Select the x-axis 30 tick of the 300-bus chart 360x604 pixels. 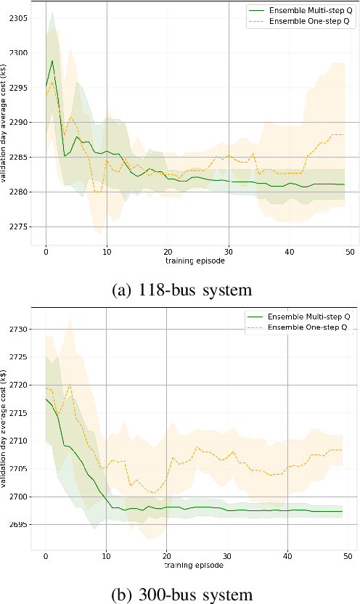(x=227, y=556)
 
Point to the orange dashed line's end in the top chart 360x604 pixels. (x=343, y=134)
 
